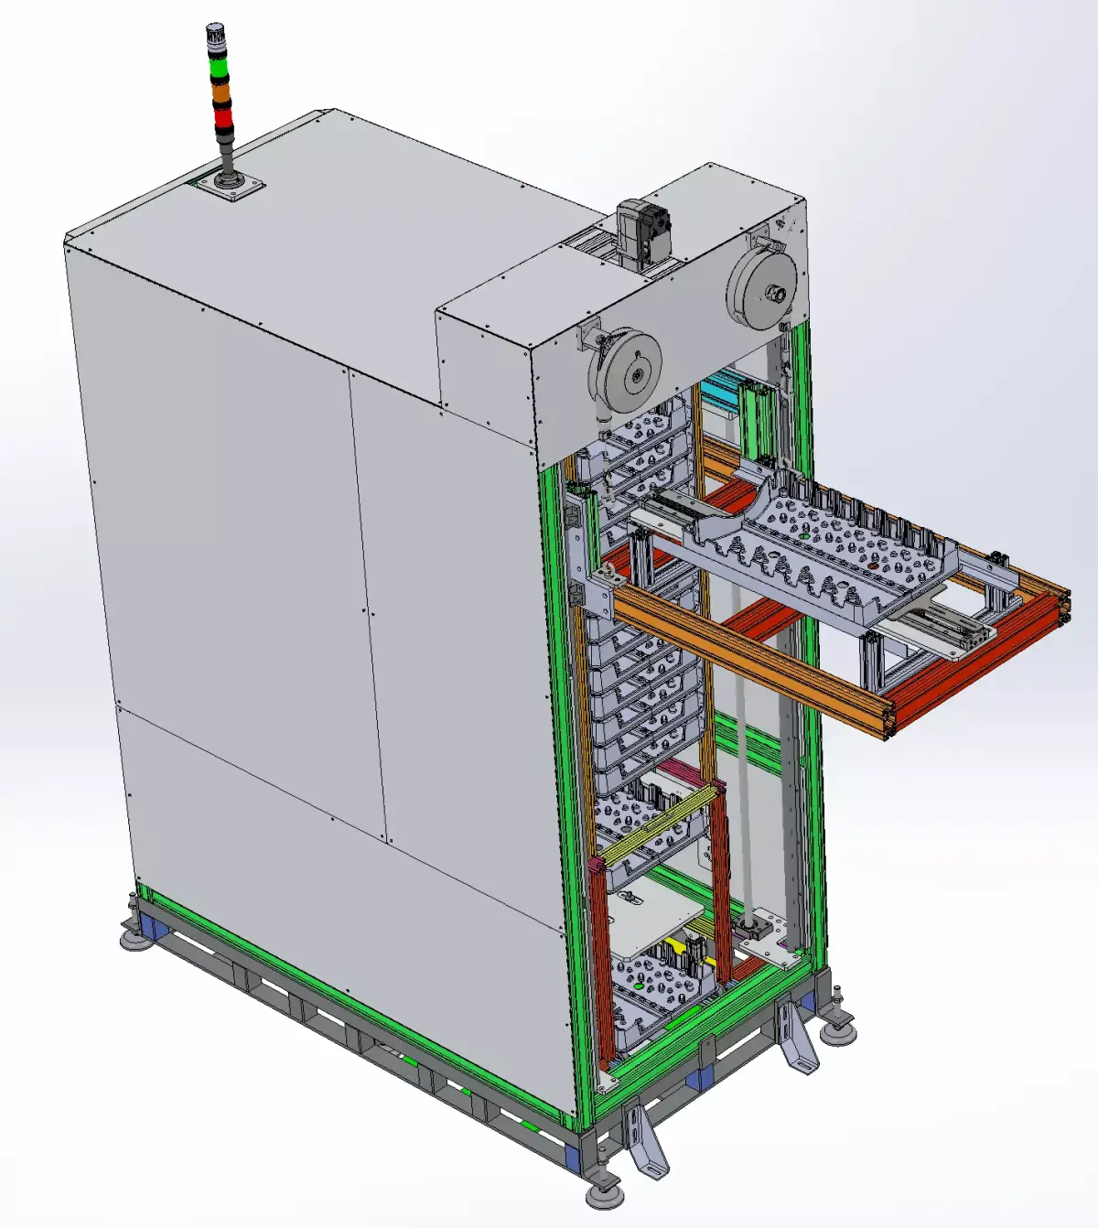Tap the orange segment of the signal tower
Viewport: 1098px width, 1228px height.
coord(221,92)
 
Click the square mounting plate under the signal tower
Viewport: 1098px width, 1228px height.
coord(227,187)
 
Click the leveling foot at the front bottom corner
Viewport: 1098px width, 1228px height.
coord(602,1193)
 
